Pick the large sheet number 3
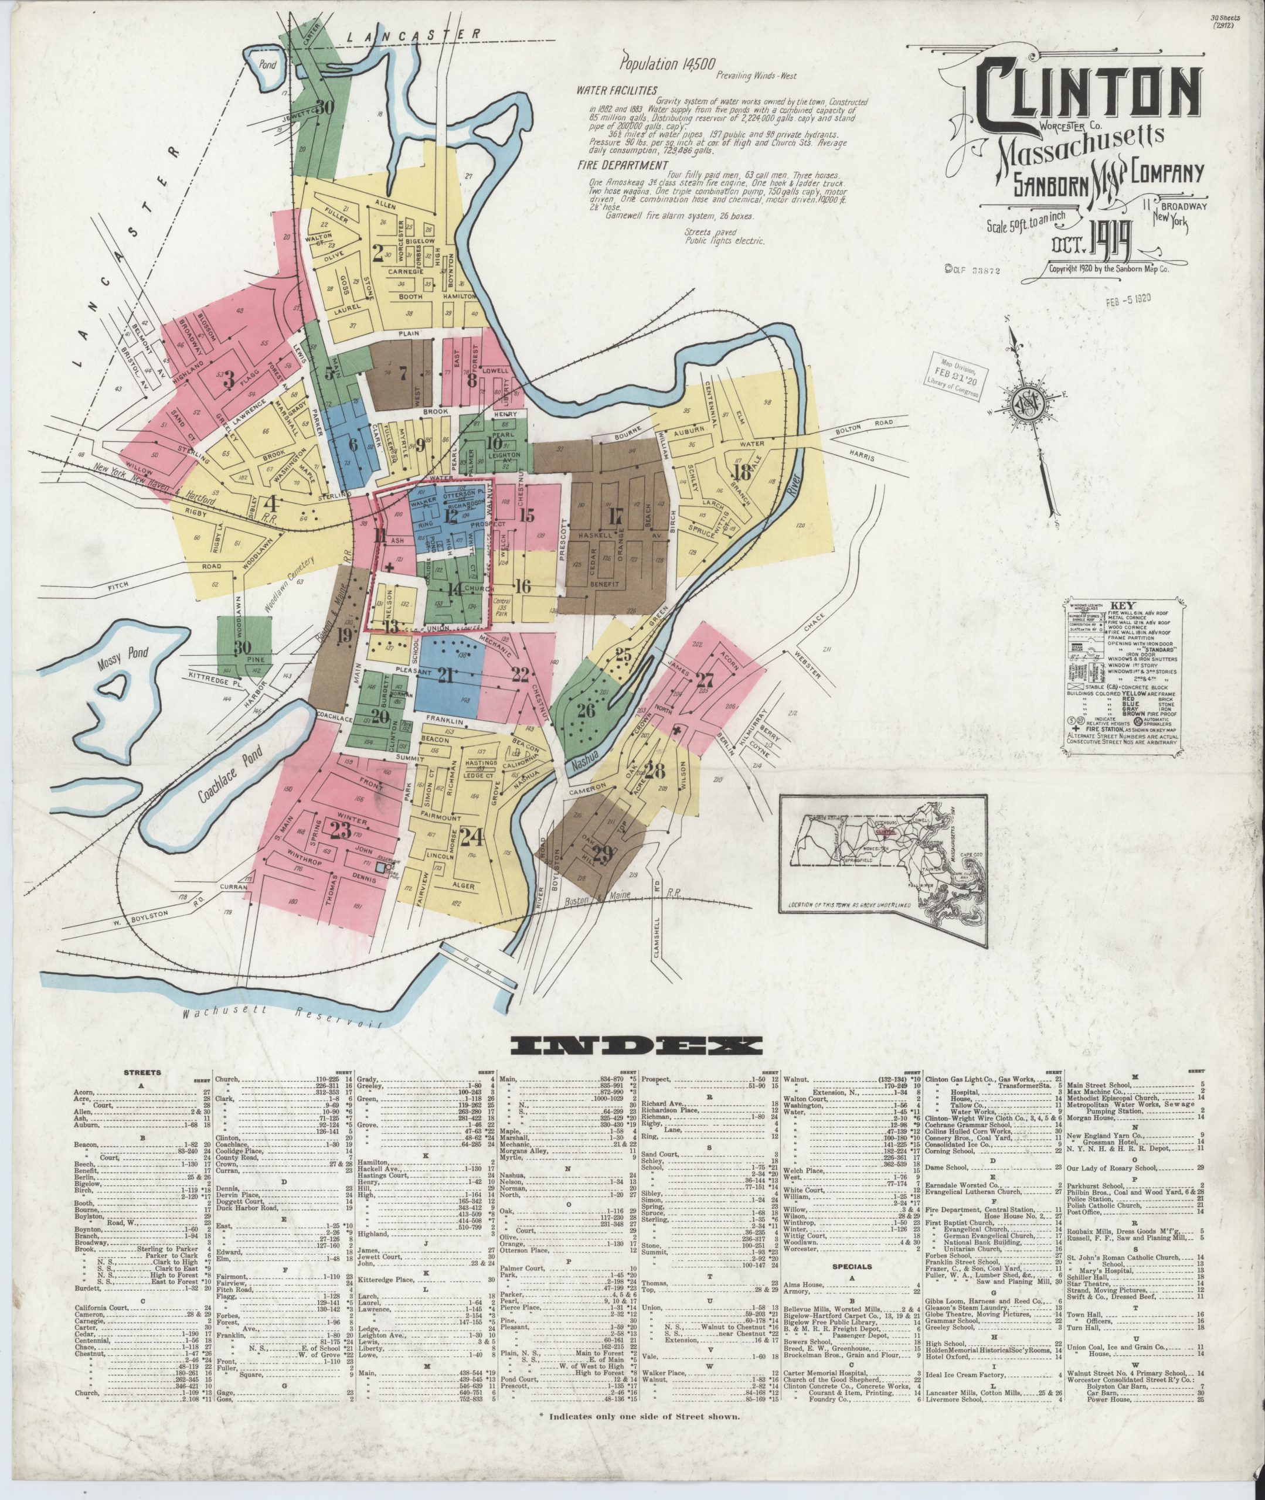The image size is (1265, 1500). point(229,380)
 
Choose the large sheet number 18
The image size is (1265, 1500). point(742,472)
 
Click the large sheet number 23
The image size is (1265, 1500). point(340,829)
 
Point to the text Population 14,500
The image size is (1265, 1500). point(659,64)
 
